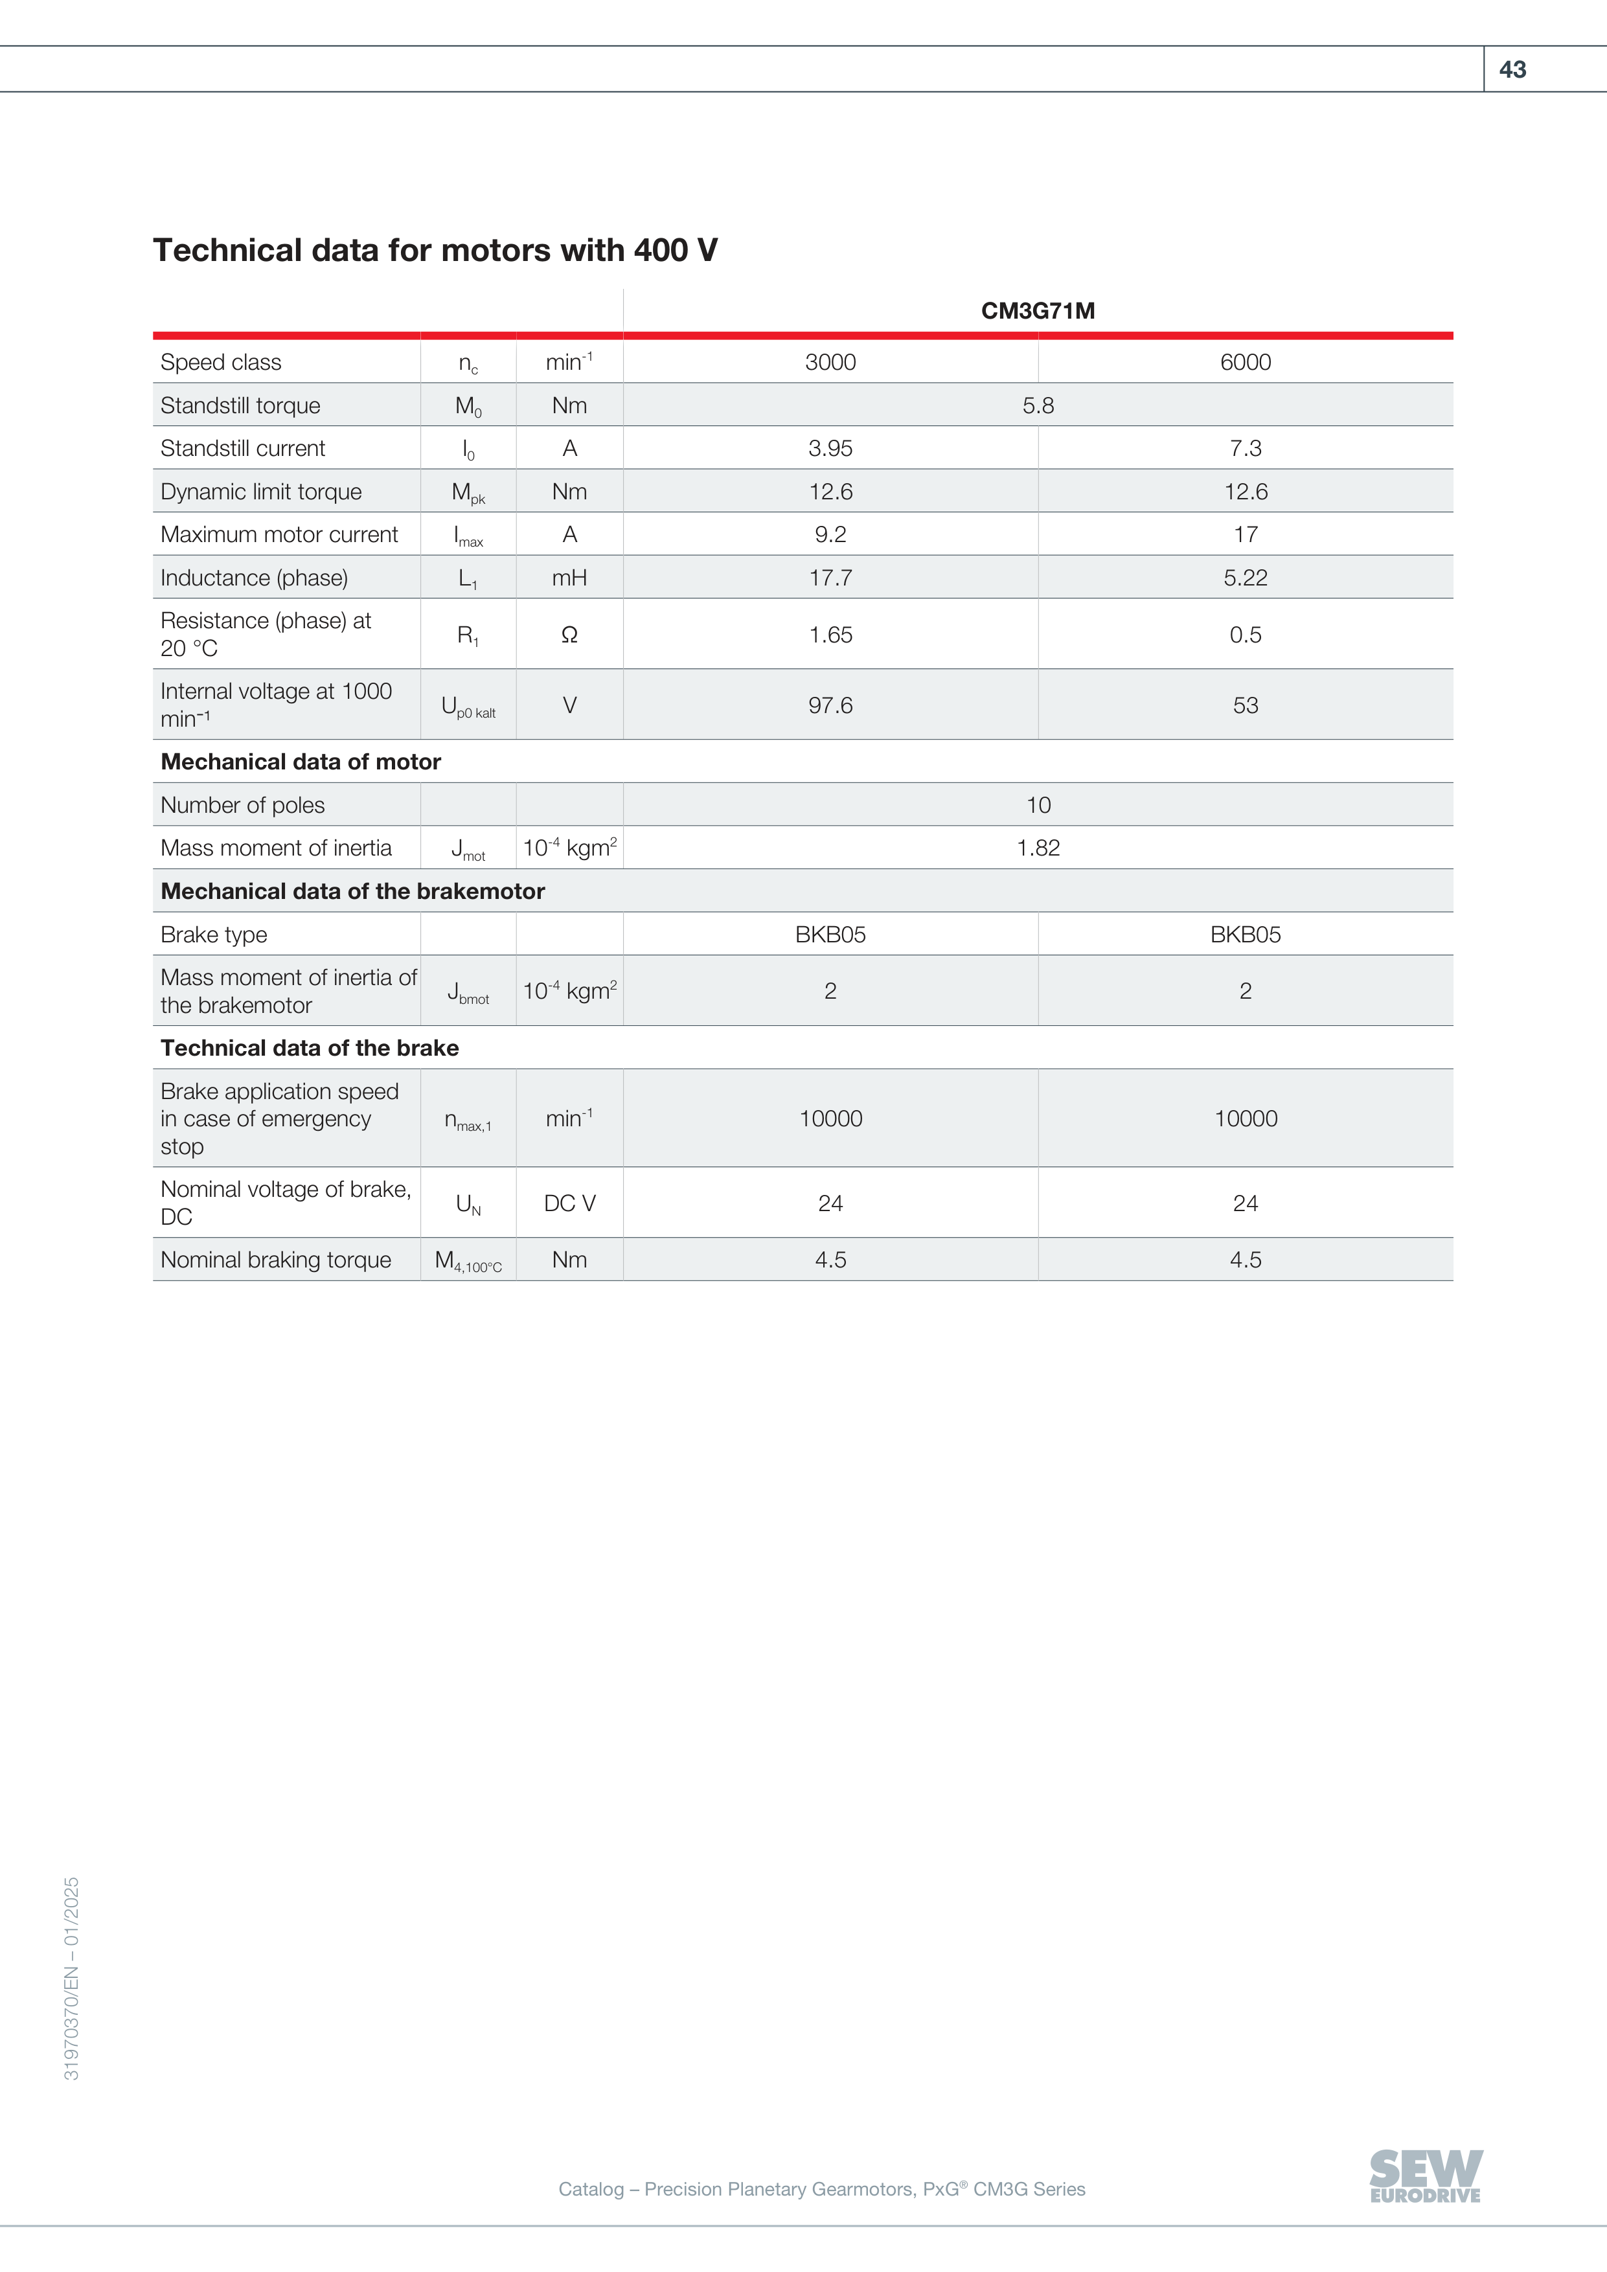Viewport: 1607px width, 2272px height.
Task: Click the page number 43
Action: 1512,69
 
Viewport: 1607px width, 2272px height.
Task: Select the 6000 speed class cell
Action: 1245,362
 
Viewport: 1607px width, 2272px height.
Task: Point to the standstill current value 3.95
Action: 830,448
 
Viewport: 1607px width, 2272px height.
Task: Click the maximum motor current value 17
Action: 1245,534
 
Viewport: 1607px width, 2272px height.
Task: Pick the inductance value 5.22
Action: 1245,578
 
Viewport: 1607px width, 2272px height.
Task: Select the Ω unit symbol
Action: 569,635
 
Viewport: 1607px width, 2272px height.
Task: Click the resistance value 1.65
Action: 830,635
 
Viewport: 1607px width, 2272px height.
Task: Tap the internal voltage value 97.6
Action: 830,705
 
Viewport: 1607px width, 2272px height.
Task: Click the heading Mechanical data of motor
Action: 301,762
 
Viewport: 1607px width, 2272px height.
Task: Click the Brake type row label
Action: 214,935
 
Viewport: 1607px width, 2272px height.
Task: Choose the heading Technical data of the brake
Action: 310,1048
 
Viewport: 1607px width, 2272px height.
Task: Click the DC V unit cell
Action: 569,1203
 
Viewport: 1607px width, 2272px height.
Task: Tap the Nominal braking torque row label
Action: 276,1260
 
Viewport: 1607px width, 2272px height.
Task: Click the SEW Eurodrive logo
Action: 1425,2176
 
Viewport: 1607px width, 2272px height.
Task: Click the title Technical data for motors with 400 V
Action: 435,251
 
